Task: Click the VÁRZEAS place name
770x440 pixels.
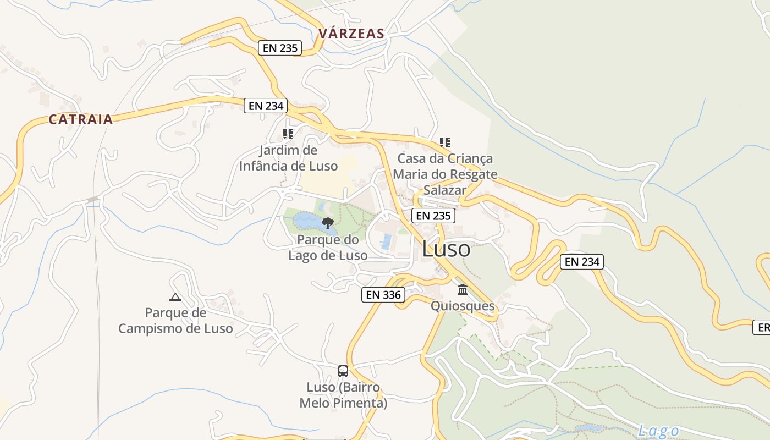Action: point(351,34)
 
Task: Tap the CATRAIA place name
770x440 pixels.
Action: point(80,119)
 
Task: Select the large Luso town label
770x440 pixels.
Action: point(446,249)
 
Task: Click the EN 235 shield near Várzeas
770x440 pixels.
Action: point(280,48)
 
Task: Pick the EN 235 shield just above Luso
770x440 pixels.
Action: point(433,216)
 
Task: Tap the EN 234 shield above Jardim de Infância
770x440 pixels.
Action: point(266,106)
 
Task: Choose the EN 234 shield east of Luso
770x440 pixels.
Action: point(582,262)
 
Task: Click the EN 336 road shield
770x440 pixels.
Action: point(383,295)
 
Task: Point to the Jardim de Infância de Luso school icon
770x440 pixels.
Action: point(288,134)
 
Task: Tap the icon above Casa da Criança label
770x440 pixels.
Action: point(444,142)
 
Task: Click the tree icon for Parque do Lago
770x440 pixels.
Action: point(328,223)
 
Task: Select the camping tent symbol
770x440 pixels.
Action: point(175,298)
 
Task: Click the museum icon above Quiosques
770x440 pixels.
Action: point(463,289)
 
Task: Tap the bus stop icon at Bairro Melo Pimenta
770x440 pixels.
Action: point(343,371)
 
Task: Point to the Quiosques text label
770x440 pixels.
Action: point(463,306)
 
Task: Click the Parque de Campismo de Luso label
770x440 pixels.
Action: point(175,321)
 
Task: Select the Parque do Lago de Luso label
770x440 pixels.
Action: point(328,248)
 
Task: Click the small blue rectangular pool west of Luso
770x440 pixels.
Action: point(387,241)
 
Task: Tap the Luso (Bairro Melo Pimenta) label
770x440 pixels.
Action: point(343,395)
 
